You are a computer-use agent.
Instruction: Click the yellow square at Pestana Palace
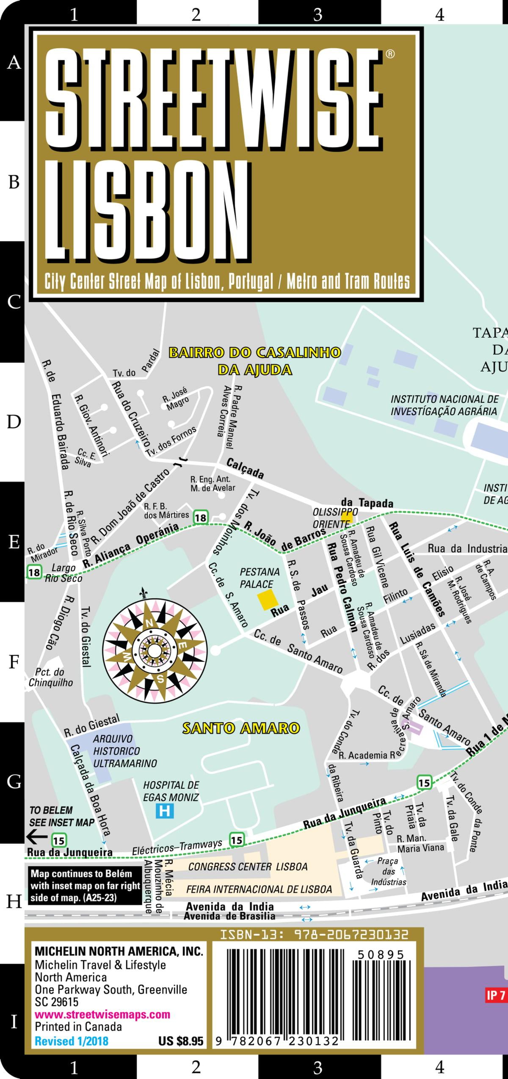[x=268, y=600]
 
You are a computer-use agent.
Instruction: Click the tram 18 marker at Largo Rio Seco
[x=34, y=573]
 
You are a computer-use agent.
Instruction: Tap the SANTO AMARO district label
[x=241, y=728]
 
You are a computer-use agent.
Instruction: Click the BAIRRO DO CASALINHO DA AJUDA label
[x=255, y=361]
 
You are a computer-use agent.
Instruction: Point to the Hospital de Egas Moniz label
[x=171, y=791]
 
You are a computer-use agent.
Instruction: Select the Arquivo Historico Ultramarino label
[x=124, y=751]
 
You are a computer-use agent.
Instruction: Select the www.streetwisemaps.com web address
[x=102, y=1014]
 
